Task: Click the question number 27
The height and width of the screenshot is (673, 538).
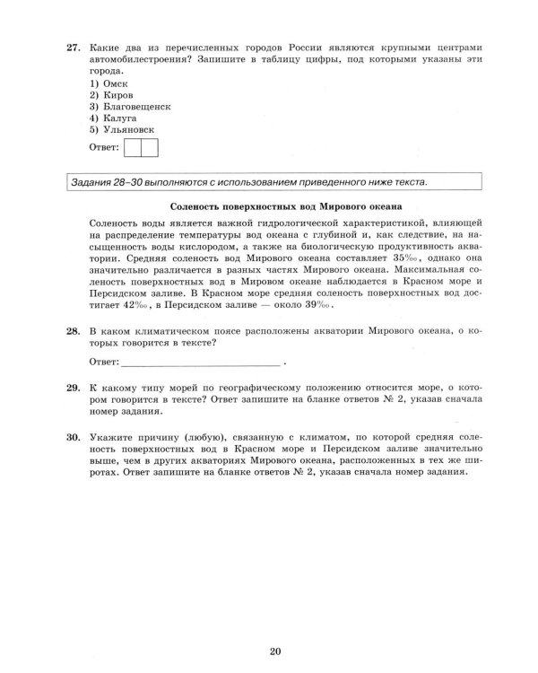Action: [x=74, y=45]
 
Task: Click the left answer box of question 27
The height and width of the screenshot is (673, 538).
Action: [x=133, y=147]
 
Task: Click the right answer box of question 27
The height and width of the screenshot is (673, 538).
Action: [x=150, y=147]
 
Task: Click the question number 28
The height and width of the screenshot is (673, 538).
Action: [x=74, y=331]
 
